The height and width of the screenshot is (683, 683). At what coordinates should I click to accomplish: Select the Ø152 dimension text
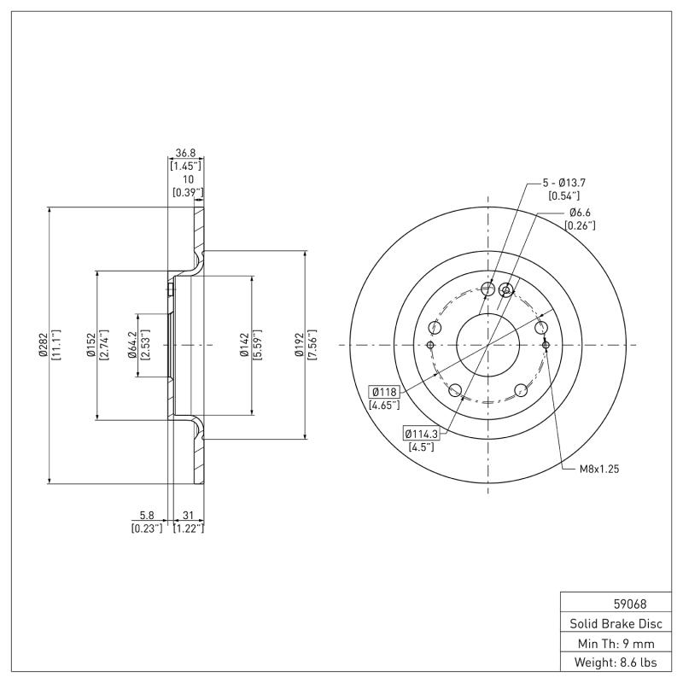click(x=91, y=344)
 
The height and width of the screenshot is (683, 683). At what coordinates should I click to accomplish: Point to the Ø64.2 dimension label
click(x=133, y=344)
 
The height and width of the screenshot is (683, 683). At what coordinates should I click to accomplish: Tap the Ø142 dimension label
click(x=243, y=344)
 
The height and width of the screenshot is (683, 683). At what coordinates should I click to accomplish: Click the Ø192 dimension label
click(x=299, y=344)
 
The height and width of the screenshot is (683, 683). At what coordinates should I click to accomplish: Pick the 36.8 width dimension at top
click(x=185, y=154)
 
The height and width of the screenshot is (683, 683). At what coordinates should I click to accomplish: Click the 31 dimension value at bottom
click(x=188, y=516)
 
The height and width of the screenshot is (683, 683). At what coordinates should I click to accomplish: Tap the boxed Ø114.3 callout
click(x=422, y=434)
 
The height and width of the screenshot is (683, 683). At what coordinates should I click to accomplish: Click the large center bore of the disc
click(x=487, y=345)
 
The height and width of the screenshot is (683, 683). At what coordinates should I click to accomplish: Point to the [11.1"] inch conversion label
click(x=55, y=344)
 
